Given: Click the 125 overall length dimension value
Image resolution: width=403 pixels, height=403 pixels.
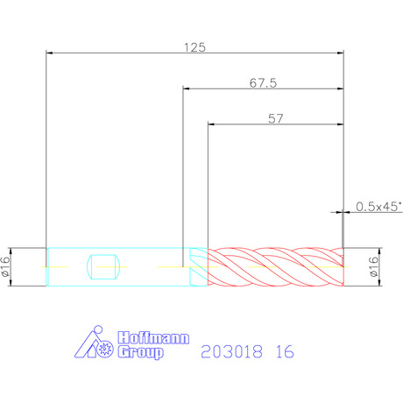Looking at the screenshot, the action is click(x=194, y=47).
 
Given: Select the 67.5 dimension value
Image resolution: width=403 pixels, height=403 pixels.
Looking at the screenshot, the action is click(x=263, y=83).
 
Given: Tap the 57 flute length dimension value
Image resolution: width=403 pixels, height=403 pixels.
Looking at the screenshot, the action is click(x=276, y=118).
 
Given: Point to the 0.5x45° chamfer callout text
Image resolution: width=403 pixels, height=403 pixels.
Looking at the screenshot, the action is click(x=378, y=207).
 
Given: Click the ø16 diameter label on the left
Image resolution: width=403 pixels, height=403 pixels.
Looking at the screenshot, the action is click(x=5, y=267).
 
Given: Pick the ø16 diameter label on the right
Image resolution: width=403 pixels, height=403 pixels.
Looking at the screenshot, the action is click(x=373, y=266).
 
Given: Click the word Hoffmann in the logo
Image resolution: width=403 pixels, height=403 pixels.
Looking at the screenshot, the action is click(x=153, y=338).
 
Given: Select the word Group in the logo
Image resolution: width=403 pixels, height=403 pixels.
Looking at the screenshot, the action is click(x=140, y=352).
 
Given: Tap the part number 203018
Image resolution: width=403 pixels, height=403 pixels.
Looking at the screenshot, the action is click(x=231, y=351).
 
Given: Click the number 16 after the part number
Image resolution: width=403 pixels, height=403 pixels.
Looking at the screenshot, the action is click(x=285, y=351).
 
